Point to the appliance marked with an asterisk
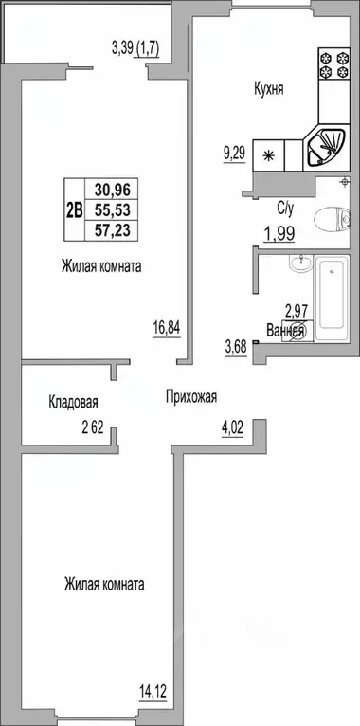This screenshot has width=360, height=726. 268,156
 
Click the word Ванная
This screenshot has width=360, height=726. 285,331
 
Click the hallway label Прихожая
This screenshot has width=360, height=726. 190,398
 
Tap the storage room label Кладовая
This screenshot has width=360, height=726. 74,403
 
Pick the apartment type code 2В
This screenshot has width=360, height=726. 74,210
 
